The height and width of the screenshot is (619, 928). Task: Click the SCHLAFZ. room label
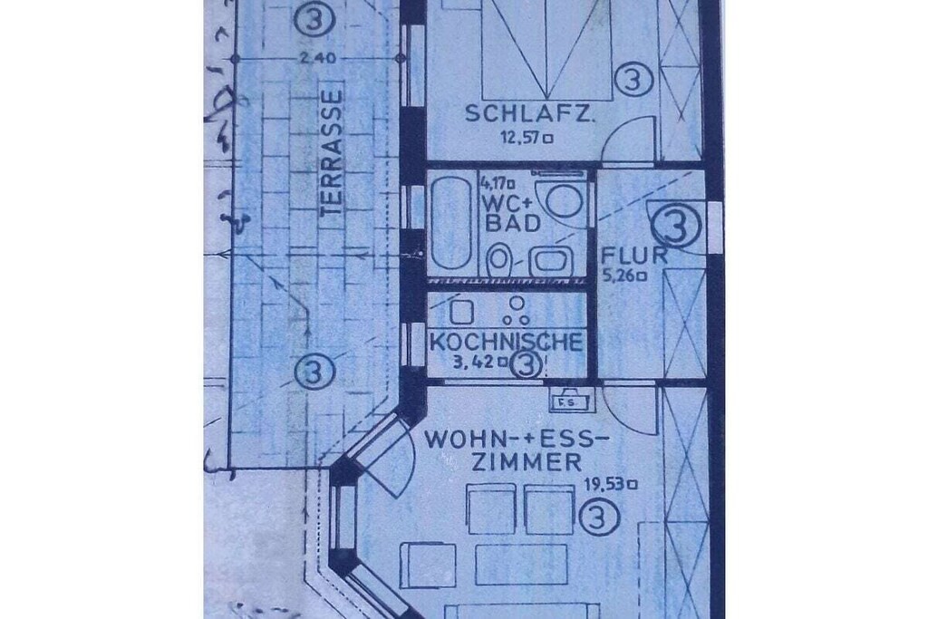528,113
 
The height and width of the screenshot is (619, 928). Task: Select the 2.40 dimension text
318,59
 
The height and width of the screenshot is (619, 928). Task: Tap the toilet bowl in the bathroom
499,259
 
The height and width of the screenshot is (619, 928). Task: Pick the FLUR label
633,256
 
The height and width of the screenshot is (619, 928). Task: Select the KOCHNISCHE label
506,342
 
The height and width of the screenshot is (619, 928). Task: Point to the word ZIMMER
527,462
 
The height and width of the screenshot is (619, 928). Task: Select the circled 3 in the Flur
675,226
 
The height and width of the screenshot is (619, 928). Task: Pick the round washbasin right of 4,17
563,199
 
